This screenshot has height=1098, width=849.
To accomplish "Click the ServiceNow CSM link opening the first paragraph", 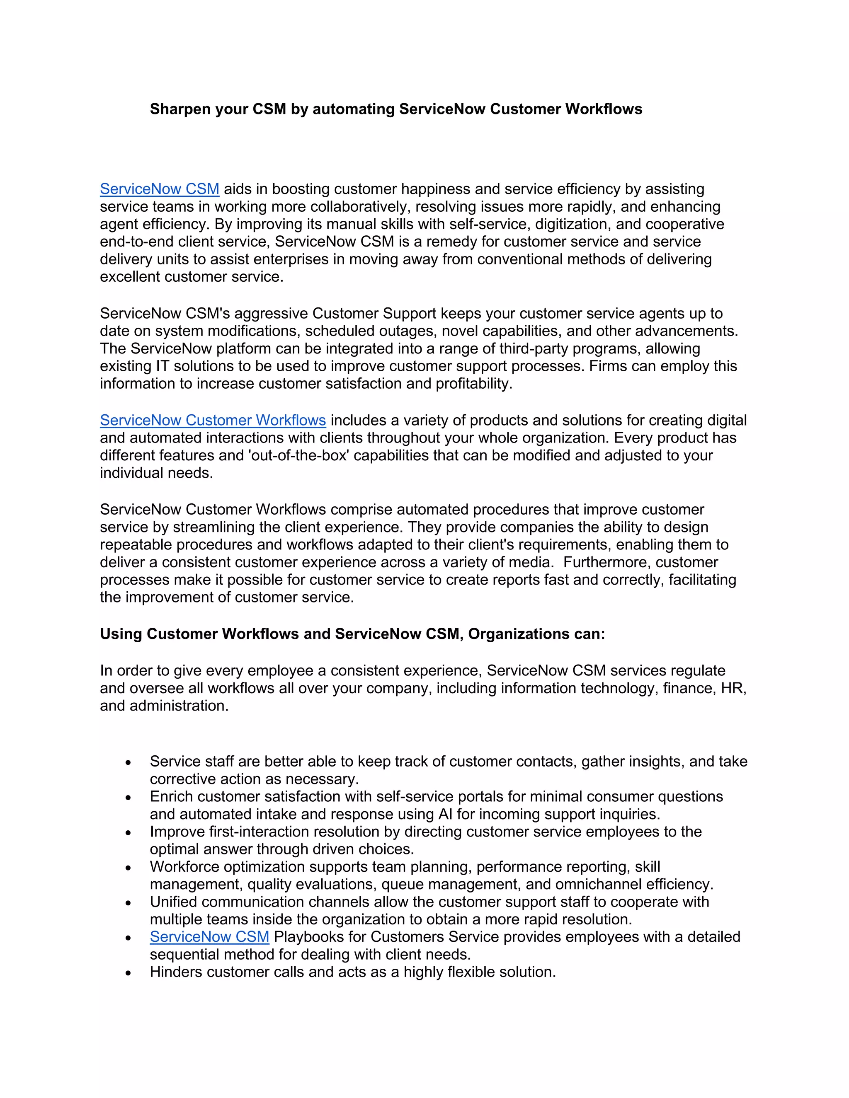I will click(x=160, y=189).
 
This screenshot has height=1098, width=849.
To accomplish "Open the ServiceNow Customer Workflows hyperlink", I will click(x=213, y=420).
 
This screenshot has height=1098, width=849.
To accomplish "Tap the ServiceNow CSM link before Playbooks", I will click(x=209, y=937).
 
